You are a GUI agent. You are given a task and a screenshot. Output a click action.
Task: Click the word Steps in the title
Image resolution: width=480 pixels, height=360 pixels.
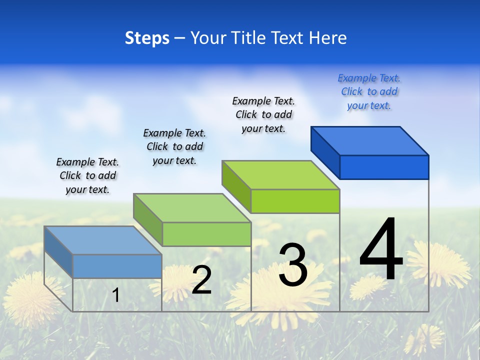tap(146, 38)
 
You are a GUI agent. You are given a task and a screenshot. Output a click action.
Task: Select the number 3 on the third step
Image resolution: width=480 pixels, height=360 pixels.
tap(293, 265)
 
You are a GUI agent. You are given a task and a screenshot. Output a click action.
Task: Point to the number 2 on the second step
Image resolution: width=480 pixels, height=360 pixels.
tap(201, 280)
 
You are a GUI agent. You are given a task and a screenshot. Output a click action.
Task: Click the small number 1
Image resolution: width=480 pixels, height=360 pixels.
tap(116, 295)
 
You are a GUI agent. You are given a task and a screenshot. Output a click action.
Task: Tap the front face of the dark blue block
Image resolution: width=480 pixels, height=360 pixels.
tap(384, 167)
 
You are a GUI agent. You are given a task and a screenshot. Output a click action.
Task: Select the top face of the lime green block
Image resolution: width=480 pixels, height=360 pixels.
tap(280, 175)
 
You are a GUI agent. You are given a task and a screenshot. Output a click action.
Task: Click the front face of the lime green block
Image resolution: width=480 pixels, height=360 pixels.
tap(295, 201)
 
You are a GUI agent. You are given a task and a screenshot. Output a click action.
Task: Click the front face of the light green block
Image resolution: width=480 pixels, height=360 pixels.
tap(206, 234)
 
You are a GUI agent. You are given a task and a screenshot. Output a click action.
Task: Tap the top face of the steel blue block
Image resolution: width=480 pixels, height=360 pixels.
tap(102, 240)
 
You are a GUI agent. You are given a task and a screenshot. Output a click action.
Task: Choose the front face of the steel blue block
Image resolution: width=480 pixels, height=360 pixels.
tap(117, 266)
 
